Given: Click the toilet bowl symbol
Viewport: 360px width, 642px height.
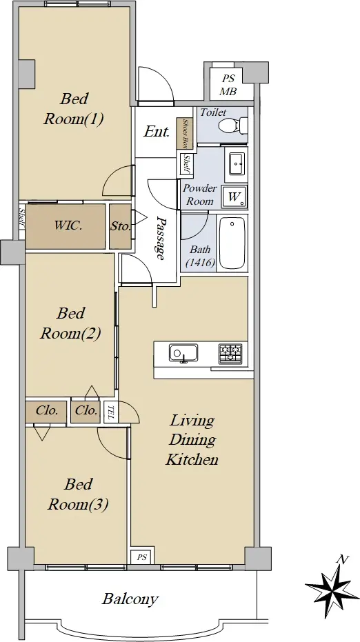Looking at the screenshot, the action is pos(232,125).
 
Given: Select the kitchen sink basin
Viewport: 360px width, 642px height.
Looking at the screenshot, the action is pos(183,352).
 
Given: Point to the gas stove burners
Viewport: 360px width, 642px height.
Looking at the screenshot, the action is pos(230,354).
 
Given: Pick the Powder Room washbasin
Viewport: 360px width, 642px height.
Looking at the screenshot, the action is pos(237,164).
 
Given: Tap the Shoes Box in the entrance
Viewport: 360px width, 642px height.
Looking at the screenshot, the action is pos(185,134).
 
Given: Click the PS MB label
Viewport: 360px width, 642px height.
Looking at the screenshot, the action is pos(228,85).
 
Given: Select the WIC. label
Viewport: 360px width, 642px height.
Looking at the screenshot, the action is pos(68,225).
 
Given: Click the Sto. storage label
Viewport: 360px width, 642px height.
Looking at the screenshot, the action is pos(121,226).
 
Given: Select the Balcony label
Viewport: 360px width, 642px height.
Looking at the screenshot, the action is pos(130,599).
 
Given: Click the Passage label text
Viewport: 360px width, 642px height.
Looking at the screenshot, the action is pos(161,239).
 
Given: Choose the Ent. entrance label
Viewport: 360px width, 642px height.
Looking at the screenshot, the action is pos(157,132).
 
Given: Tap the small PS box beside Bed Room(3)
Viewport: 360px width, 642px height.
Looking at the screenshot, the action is pos(141,557).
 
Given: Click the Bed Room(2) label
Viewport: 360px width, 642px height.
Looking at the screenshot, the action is pos(70,323).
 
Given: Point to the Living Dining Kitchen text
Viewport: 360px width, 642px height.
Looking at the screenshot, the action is pos(192,440).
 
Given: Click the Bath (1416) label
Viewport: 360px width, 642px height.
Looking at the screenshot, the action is pos(200,256).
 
